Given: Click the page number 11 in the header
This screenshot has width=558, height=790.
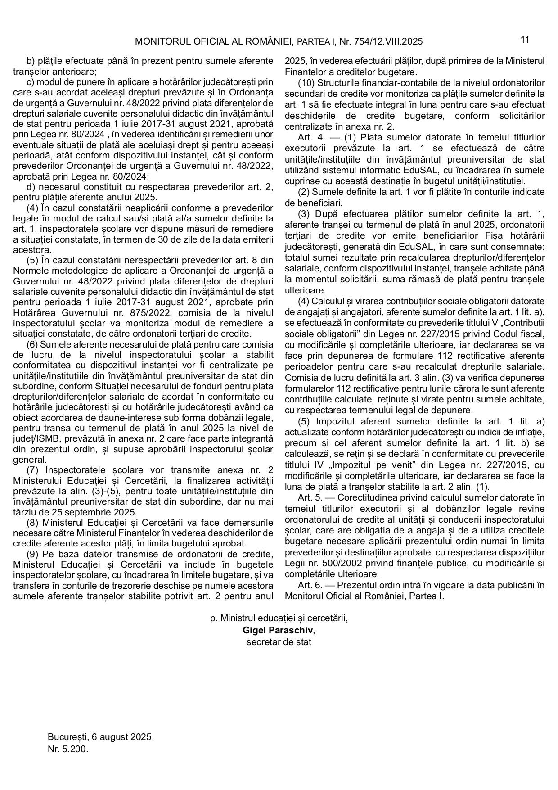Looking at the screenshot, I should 525,40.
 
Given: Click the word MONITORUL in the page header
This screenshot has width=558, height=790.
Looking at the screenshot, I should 159,42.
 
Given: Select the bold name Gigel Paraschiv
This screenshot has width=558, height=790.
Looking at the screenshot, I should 278,630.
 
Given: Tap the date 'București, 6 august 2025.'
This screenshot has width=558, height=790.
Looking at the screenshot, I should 101,738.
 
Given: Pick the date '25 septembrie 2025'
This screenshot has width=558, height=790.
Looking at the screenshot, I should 97,512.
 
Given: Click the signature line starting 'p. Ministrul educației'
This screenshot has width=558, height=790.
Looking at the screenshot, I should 279,618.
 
